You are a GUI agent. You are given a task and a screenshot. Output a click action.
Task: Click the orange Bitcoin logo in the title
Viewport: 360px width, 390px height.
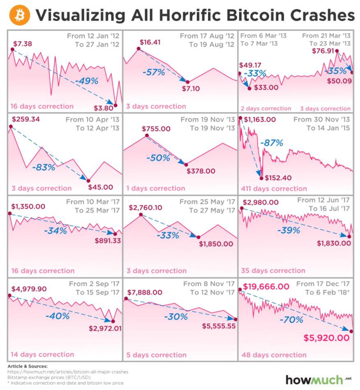(x=19, y=15)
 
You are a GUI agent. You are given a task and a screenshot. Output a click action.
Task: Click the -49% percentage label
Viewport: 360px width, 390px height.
(x=86, y=81)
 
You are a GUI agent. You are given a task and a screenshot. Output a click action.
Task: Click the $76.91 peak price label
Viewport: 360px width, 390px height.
(x=322, y=51)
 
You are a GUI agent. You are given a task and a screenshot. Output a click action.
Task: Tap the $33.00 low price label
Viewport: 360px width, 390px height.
(x=266, y=87)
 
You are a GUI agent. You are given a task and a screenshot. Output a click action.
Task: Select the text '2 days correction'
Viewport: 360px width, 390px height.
(x=265, y=109)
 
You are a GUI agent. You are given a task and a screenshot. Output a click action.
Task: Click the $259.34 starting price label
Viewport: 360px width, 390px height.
(x=26, y=119)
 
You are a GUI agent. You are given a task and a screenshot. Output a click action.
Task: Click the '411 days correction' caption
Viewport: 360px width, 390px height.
(x=274, y=189)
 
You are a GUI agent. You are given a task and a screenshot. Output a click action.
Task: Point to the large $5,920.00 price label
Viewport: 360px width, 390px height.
(x=327, y=338)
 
